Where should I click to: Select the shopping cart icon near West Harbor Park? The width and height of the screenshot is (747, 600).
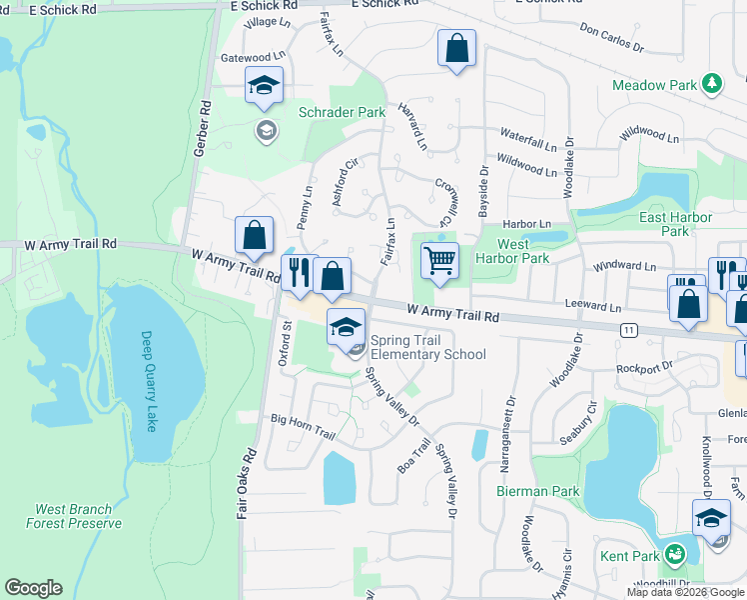pos(439,262)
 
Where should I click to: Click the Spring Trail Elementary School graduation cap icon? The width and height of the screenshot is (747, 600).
pos(346,328)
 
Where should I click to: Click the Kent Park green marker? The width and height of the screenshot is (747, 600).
pos(676,552)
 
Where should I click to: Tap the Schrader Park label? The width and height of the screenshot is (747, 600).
pos(342,113)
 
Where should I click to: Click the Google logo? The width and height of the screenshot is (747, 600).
pos(33,588)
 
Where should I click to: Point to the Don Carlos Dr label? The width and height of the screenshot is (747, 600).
pos(612,39)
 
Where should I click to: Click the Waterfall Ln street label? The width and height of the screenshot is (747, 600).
pos(528,138)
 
